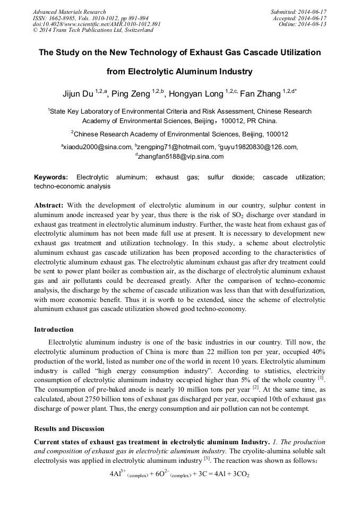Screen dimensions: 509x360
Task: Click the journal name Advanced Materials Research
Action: tap(69, 12)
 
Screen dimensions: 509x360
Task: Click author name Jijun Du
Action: tap(78, 94)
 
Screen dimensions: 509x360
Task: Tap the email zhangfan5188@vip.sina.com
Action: tap(181, 157)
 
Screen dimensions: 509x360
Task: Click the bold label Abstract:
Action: tap(49, 205)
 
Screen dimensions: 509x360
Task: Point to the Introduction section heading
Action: tap(54, 330)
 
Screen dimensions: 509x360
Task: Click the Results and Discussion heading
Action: tap(69, 428)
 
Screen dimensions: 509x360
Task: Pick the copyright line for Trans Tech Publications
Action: tap(93, 30)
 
